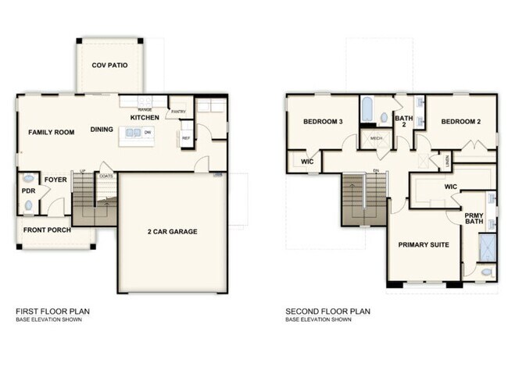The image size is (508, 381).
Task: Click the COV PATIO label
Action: coord(109,66)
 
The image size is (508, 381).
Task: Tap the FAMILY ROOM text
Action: coord(52,132)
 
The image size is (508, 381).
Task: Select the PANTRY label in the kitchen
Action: coord(179,111)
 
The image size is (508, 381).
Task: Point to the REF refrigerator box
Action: coord(186,138)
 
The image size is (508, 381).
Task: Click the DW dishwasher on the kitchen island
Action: coord(147,133)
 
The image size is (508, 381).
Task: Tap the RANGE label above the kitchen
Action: coord(145,109)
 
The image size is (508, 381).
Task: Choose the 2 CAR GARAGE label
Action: coord(171,231)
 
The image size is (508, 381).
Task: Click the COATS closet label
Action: coord(106,176)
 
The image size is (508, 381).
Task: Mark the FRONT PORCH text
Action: coord(47,230)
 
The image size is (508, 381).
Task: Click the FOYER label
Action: coord(55,180)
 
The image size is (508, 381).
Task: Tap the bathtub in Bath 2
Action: coord(367,112)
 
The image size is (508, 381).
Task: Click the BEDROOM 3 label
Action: coord(324,122)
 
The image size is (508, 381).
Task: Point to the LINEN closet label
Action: coord(446,160)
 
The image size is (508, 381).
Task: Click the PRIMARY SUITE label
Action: coord(423,244)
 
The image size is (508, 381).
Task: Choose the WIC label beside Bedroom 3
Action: coord(307,162)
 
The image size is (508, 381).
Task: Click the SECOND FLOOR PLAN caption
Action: coord(327,311)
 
